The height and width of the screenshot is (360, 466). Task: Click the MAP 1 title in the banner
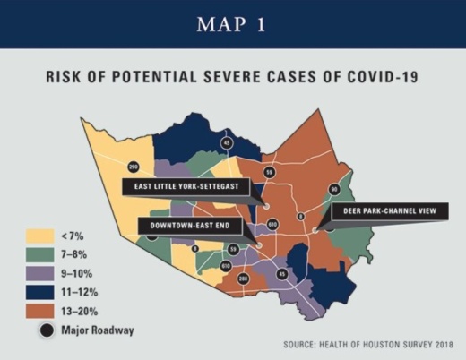click(233, 24)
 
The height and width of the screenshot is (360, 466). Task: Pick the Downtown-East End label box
click(185, 225)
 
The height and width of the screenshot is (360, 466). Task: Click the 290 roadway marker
click(134, 167)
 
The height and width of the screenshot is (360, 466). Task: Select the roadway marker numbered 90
click(333, 189)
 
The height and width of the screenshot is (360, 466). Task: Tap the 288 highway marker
click(242, 280)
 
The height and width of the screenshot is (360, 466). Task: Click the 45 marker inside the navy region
click(226, 143)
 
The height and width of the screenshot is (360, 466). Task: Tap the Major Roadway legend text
click(98, 330)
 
